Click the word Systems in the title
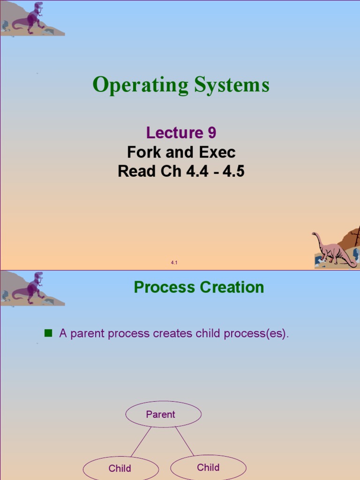[232, 85]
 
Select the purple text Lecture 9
[181, 133]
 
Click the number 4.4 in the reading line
[196, 172]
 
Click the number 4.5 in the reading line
[233, 172]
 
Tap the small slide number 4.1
[174, 263]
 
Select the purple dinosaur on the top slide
[30, 19]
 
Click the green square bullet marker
[47, 333]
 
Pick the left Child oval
[120, 468]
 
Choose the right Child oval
[208, 467]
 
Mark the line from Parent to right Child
[184, 441]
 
